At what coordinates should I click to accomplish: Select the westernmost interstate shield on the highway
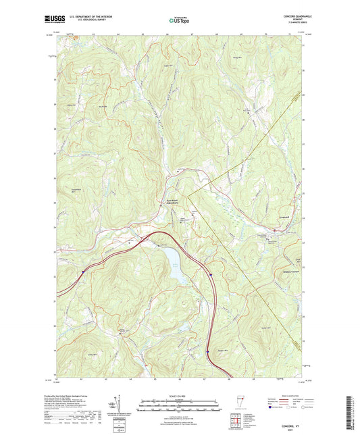pos(84,273)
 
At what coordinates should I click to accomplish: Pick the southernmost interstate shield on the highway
pos(207,351)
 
